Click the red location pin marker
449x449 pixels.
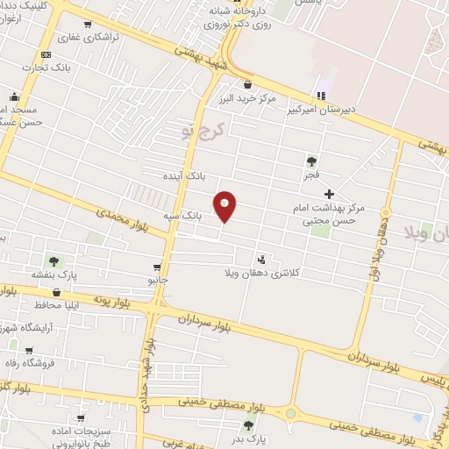(226, 206)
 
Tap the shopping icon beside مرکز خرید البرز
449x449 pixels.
(247, 85)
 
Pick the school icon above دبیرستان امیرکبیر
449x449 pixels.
(321, 96)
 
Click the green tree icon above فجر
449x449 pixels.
(310, 161)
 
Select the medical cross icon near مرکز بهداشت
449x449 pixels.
(329, 194)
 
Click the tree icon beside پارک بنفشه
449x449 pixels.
(53, 260)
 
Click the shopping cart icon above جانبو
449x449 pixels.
(157, 267)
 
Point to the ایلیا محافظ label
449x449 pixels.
(60, 306)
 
